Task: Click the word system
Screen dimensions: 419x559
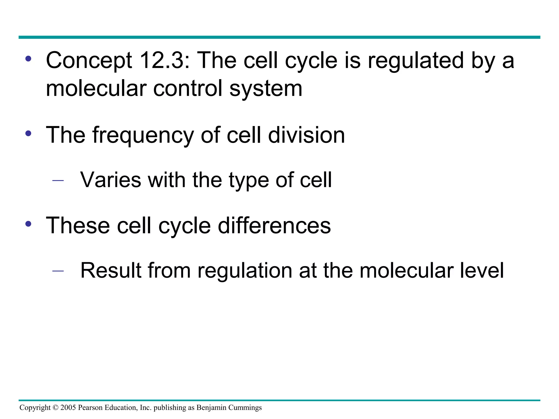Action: point(266,89)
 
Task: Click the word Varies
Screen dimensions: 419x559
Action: point(111,180)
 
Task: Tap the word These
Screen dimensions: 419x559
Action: point(78,225)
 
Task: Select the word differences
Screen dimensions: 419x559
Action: point(274,225)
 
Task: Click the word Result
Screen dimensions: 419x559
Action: point(111,270)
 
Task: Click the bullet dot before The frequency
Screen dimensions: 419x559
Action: point(28,134)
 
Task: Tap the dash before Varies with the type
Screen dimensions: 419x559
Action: point(58,180)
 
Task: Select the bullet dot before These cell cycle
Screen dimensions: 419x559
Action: point(28,224)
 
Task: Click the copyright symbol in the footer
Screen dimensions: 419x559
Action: point(55,408)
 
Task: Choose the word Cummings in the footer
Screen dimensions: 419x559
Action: point(245,408)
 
